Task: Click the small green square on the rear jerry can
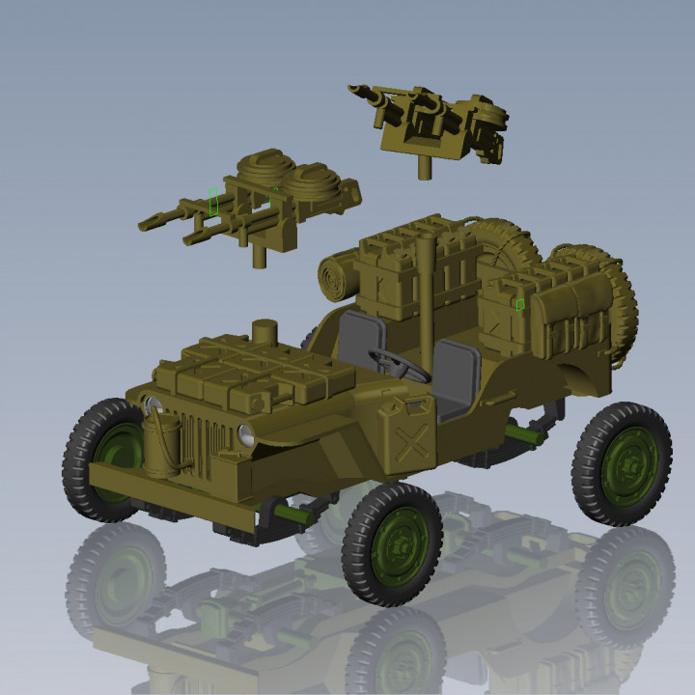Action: click(519, 304)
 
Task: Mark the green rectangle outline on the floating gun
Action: click(213, 203)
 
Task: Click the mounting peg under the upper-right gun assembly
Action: click(422, 168)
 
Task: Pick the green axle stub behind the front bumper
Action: click(290, 513)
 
